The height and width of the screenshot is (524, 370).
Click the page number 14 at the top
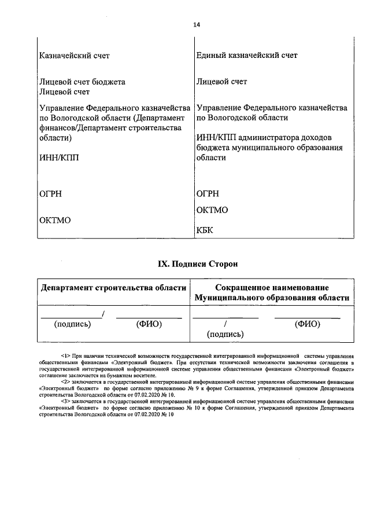point(197,24)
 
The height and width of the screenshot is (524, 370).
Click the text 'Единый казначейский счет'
point(247,56)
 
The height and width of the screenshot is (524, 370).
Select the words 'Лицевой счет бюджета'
point(82,82)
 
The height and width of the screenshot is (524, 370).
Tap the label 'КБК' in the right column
point(205,230)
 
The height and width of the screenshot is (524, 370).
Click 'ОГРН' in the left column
point(51,194)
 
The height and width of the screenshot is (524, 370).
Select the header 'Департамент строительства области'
point(113,288)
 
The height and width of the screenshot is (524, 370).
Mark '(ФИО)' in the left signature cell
point(149,324)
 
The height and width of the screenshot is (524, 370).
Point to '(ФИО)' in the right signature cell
point(307,324)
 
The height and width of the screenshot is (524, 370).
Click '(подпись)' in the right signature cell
point(225,334)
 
